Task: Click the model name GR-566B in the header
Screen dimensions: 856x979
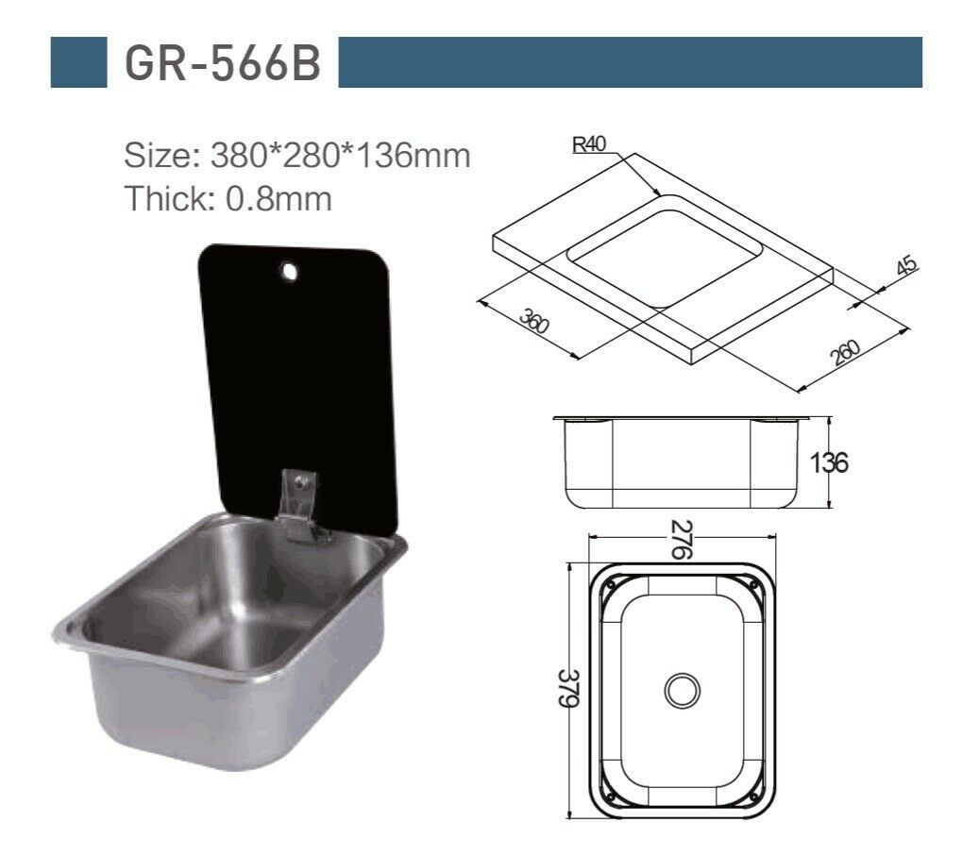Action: [x=222, y=63]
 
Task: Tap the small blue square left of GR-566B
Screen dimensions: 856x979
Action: [x=77, y=62]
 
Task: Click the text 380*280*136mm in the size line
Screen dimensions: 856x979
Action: [x=341, y=155]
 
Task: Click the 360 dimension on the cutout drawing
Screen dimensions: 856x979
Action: [x=534, y=325]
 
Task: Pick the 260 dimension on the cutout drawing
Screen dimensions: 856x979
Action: [x=846, y=352]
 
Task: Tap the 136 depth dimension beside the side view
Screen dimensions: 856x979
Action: [x=829, y=462]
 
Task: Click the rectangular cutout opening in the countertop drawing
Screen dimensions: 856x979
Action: [x=664, y=248]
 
